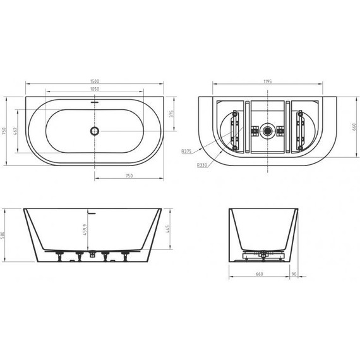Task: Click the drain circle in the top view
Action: point(95,131)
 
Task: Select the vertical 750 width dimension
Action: point(6,131)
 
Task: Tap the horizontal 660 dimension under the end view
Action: point(260,275)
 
